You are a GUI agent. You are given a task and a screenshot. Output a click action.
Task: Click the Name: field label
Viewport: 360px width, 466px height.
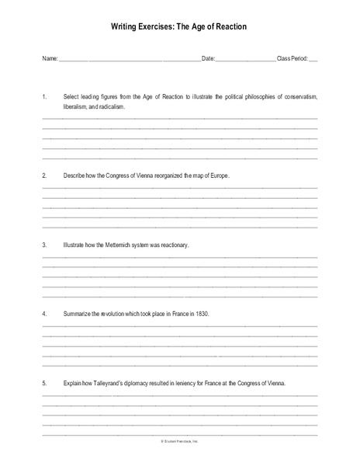(x=50, y=59)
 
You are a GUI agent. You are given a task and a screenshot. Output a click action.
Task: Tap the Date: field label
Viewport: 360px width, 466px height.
(x=207, y=59)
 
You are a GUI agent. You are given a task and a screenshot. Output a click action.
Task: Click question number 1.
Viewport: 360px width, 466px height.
(x=44, y=96)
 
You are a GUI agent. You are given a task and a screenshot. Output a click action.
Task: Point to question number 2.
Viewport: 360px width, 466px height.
(x=44, y=176)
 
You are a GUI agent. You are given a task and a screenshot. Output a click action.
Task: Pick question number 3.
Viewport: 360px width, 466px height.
(x=44, y=245)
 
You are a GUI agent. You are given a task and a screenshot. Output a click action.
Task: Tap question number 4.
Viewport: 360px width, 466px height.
(x=44, y=314)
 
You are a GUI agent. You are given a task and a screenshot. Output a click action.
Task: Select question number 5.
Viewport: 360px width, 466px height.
(x=44, y=383)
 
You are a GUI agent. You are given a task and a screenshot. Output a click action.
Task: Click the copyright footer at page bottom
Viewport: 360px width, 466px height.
(x=180, y=441)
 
